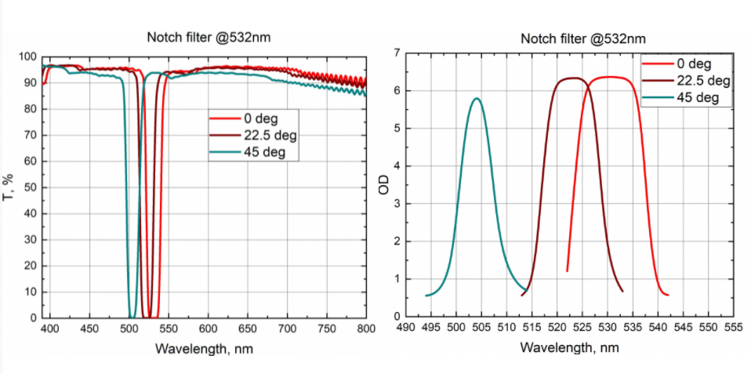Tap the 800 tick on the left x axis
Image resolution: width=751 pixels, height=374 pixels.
pyautogui.click(x=366, y=329)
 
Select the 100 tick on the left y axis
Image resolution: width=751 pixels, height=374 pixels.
pyautogui.click(x=27, y=57)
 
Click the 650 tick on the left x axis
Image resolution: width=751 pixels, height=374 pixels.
pyautogui.click(x=248, y=329)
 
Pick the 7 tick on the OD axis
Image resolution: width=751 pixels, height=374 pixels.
pyautogui.click(x=397, y=53)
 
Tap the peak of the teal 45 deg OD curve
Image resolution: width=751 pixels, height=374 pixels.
pyautogui.click(x=476, y=99)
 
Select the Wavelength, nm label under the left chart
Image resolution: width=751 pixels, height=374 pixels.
pyautogui.click(x=204, y=347)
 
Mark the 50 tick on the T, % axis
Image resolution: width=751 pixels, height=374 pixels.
pyautogui.click(x=31, y=187)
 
